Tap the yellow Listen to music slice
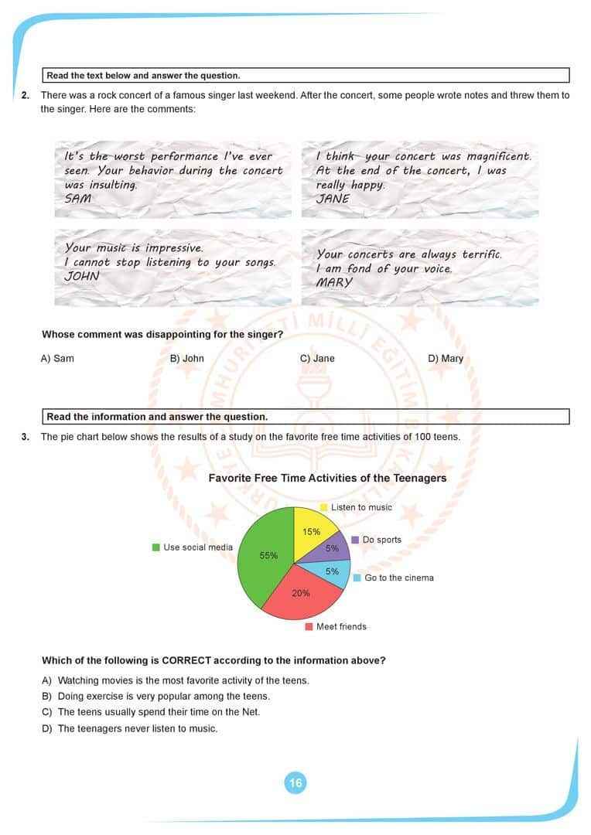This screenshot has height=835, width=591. tap(314, 530)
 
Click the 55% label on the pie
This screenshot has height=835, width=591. tap(268, 555)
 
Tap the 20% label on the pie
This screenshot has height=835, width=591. tap(301, 593)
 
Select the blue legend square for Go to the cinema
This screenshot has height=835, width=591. tap(357, 578)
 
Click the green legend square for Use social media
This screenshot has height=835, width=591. tap(156, 547)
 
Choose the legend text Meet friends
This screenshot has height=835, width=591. tap(341, 626)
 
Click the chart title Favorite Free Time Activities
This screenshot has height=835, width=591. tap(327, 478)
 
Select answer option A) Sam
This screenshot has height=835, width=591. tap(57, 358)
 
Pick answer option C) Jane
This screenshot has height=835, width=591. tap(317, 358)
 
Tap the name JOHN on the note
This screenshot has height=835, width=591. tap(81, 276)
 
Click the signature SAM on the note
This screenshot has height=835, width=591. tap(77, 198)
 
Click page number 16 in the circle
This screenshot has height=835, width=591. tap(295, 783)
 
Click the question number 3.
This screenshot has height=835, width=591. tap(26, 437)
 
